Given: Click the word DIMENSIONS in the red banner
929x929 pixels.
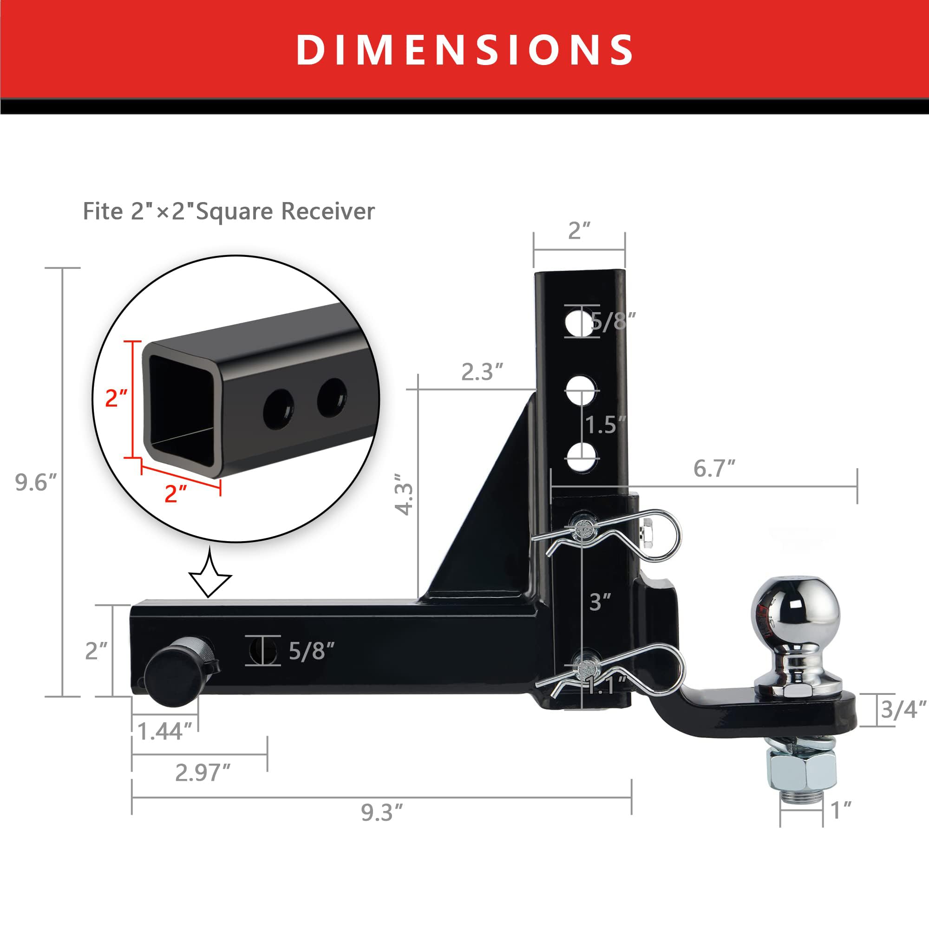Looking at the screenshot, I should [x=464, y=50].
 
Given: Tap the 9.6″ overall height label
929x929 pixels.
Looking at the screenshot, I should [x=36, y=482].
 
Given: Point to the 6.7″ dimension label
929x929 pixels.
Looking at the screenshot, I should [x=714, y=469].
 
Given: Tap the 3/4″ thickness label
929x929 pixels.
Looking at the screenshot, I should [x=903, y=709].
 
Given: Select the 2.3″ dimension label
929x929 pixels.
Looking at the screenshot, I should [x=482, y=372].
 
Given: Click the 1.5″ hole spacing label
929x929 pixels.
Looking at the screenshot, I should [x=605, y=425].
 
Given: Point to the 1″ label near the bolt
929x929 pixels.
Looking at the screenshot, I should [x=841, y=810].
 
